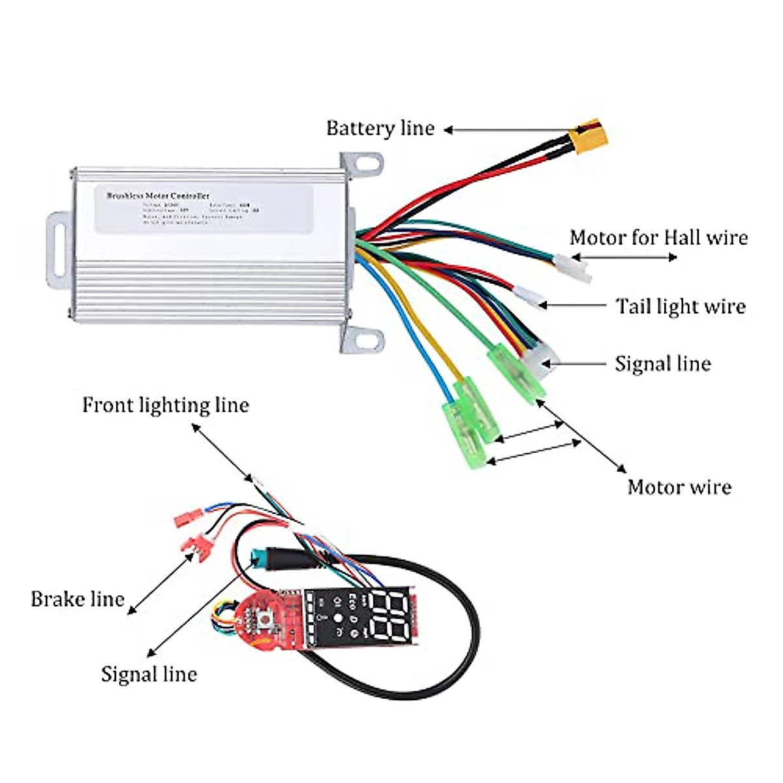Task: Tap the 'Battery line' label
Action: tap(380, 129)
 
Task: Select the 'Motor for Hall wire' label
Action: tap(658, 238)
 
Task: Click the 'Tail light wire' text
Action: tap(681, 306)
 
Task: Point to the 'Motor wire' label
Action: tap(679, 487)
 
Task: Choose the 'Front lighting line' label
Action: tap(166, 405)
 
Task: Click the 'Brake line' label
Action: tap(78, 599)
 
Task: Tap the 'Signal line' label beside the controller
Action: tap(662, 363)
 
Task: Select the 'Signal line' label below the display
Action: tap(149, 674)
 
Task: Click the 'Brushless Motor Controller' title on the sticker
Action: tap(158, 195)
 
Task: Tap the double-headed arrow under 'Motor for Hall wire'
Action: tap(624, 257)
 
